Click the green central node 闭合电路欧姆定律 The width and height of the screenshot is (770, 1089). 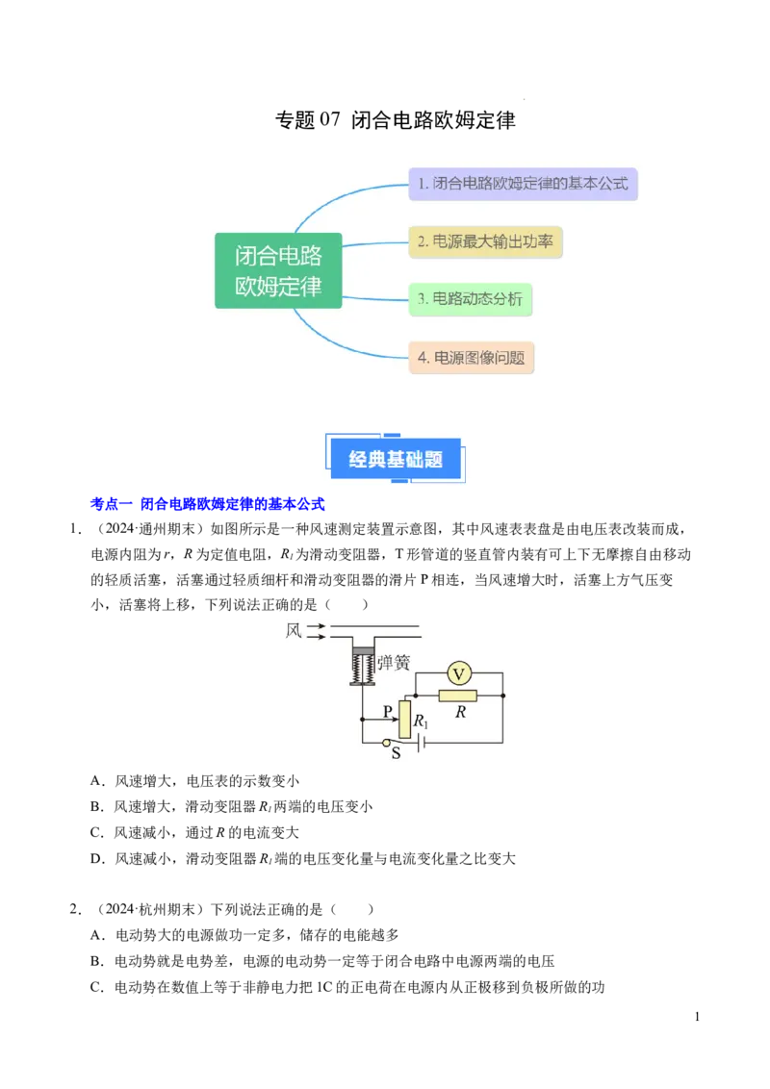click(278, 270)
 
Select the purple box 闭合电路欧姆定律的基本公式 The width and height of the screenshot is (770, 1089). click(523, 183)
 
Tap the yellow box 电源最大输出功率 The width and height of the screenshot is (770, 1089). click(485, 241)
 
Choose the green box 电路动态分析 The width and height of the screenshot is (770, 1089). click(470, 299)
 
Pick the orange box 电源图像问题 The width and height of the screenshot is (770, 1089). click(471, 358)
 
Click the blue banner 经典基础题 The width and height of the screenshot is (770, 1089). click(396, 459)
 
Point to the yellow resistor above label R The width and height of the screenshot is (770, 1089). click(457, 696)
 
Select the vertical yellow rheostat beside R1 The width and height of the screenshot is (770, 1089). click(404, 720)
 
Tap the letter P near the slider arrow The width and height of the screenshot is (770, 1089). click(388, 712)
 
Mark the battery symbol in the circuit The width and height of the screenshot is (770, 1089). click(422, 743)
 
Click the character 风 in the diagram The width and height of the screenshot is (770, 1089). click(294, 631)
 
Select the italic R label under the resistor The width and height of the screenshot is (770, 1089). click(460, 713)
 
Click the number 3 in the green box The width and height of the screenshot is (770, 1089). click(422, 299)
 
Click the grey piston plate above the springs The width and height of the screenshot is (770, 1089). click(363, 649)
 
